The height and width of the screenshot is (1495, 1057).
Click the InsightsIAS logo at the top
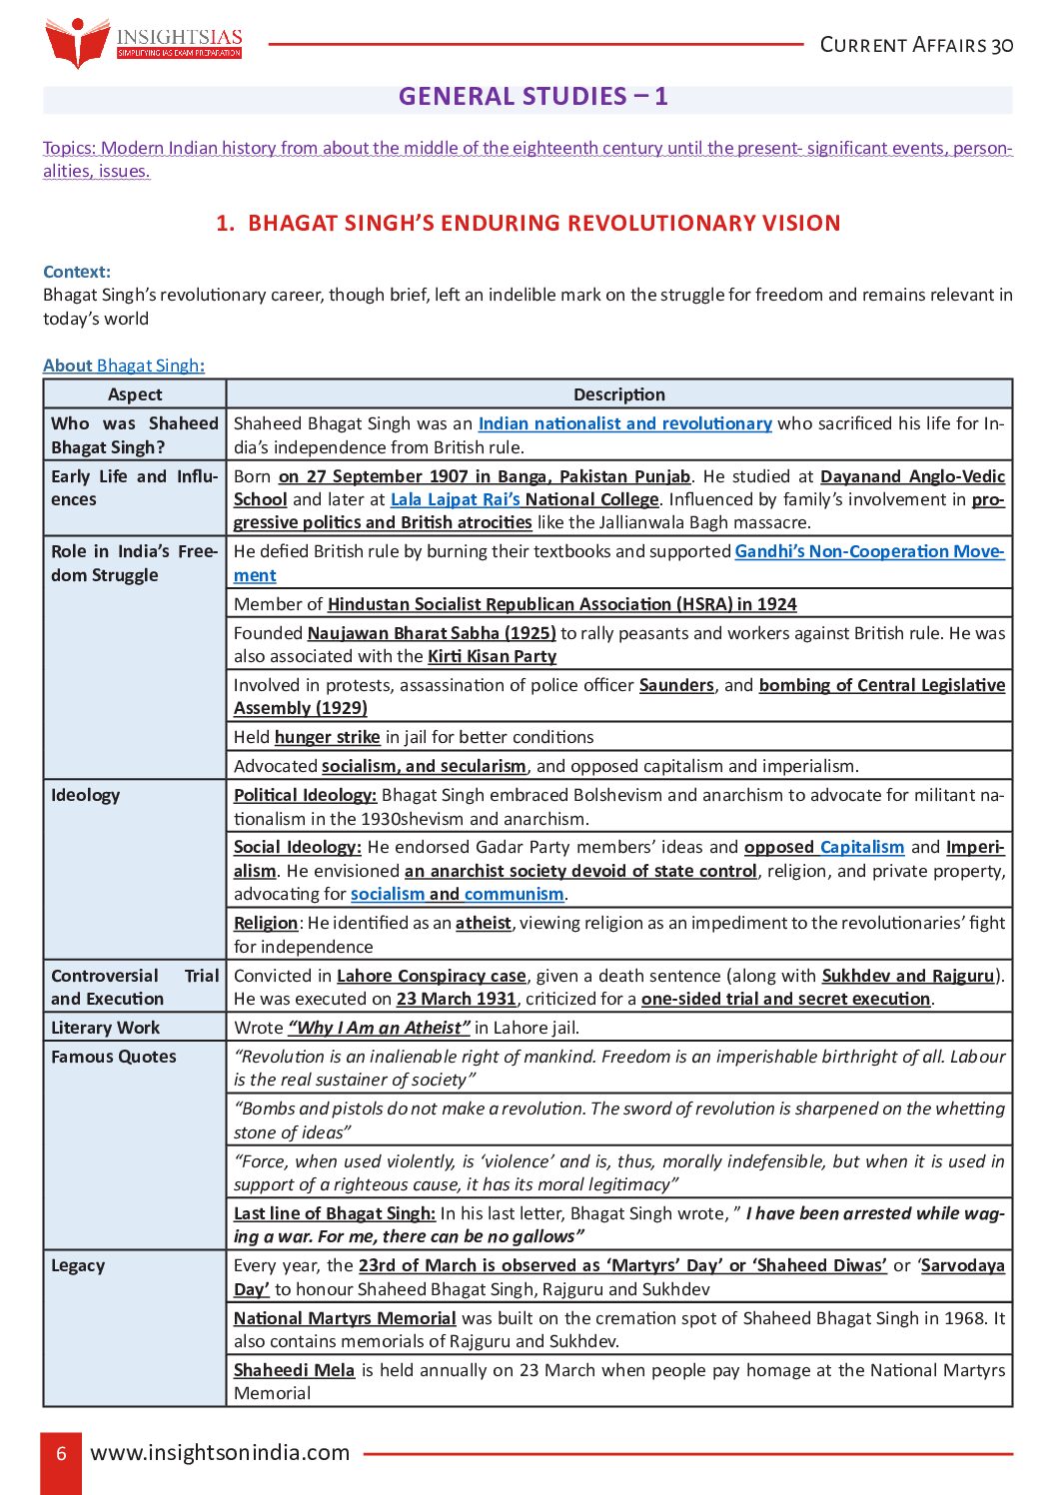coord(143,43)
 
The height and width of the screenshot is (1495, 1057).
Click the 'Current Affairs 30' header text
coord(916,45)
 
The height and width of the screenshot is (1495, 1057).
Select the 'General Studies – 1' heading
coord(532,97)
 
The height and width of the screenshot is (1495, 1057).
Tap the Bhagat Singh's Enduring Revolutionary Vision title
coord(528,223)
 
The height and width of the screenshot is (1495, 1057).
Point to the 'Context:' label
coord(77,272)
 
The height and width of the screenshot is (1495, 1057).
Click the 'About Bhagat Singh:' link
coord(124,366)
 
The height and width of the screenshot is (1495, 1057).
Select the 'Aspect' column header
coord(135,394)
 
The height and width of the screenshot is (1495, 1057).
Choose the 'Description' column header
coord(618,394)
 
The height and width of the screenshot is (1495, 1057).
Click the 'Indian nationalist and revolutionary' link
coord(624,423)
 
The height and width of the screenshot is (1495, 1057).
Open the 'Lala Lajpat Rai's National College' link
coord(525,499)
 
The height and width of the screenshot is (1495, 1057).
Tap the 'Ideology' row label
coord(86,795)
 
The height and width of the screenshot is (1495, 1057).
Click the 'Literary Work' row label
coord(105,1028)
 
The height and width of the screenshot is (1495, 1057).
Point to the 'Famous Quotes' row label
coord(114,1057)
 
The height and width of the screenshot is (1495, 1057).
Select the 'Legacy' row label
coord(78,1265)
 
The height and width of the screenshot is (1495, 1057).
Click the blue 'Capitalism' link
coord(862,847)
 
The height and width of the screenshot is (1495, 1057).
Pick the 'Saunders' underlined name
coord(676,685)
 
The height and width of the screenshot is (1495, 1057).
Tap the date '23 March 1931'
coord(456,999)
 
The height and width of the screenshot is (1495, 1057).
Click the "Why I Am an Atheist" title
coord(379,1028)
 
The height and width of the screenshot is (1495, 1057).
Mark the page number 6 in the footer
coord(61,1453)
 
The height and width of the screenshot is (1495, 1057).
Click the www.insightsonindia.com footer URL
coord(220,1453)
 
